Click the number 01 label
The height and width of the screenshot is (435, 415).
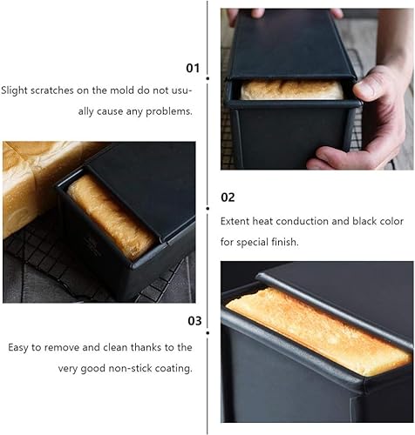pyautogui.click(x=193, y=68)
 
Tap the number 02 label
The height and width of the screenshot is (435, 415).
pyautogui.click(x=228, y=197)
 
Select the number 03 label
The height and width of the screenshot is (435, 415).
pyautogui.click(x=194, y=321)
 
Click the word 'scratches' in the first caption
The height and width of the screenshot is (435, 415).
pyautogui.click(x=52, y=90)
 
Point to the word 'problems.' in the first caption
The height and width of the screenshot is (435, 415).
pyautogui.click(x=169, y=111)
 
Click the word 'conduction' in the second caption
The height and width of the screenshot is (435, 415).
pyautogui.click(x=303, y=221)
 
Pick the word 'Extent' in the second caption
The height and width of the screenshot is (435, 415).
pyautogui.click(x=235, y=221)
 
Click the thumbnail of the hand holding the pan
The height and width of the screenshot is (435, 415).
pyautogui.click(x=317, y=89)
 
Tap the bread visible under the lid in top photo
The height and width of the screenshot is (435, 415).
pyautogui.click(x=291, y=90)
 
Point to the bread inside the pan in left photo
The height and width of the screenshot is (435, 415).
pyautogui.click(x=112, y=217)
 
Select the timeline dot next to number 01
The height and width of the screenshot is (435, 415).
pyautogui.click(x=207, y=78)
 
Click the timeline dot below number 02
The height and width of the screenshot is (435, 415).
pyautogui.click(x=207, y=208)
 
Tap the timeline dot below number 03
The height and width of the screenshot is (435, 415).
pyautogui.click(x=207, y=332)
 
